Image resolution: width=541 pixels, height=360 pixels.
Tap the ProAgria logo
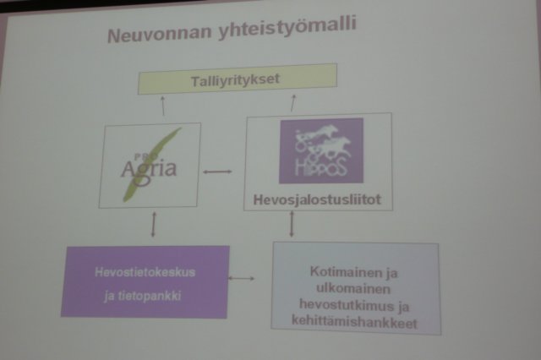point(149,165)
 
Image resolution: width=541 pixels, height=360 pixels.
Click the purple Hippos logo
point(321,150)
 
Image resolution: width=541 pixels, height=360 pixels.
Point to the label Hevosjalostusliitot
point(319,200)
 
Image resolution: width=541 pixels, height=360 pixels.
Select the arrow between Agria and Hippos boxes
point(218,172)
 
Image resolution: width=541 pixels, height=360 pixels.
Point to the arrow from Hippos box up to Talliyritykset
point(293,103)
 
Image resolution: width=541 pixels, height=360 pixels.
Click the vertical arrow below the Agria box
point(153,223)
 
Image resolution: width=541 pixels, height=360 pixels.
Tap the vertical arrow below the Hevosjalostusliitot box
point(292,223)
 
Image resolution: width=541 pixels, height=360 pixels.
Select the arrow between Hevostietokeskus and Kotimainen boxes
point(243,276)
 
